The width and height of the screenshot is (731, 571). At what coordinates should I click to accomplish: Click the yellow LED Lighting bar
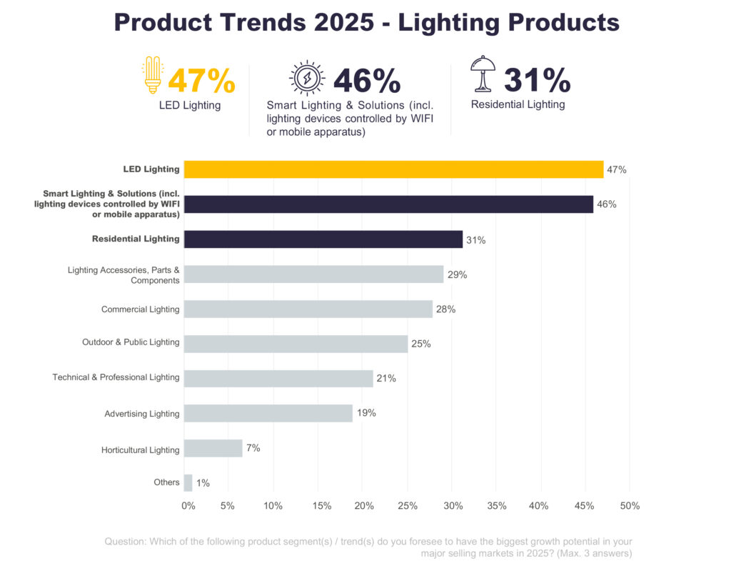coord(393,169)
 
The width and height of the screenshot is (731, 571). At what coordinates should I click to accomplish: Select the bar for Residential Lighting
coord(323,239)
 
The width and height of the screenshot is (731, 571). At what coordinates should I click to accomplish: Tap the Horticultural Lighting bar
coord(213,448)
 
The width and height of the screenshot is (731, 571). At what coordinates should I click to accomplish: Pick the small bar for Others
coord(188,482)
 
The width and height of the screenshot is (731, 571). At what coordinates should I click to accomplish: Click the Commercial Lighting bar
coord(308,309)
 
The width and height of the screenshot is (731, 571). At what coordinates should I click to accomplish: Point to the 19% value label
coord(366,413)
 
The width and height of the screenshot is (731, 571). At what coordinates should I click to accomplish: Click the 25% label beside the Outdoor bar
coord(421,344)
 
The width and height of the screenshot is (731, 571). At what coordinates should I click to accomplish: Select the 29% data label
coord(457,274)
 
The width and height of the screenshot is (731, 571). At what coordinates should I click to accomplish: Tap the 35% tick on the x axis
coord(496,506)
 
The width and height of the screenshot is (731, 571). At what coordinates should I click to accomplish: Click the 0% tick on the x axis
coord(188,506)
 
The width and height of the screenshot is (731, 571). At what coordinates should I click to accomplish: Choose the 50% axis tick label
coord(629,506)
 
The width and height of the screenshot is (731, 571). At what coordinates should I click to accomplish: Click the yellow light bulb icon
coord(152,75)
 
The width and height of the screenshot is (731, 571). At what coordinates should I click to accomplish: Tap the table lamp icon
coord(483,74)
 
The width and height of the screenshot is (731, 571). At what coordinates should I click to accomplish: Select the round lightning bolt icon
coord(307,78)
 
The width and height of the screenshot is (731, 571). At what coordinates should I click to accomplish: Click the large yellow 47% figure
coord(201,81)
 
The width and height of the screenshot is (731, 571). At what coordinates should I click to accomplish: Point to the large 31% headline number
coord(537,80)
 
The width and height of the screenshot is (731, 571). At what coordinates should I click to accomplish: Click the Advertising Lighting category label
coord(142,414)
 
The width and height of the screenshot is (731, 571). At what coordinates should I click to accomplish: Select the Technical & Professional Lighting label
coord(116,377)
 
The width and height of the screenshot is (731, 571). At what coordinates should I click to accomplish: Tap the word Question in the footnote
coord(125,542)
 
